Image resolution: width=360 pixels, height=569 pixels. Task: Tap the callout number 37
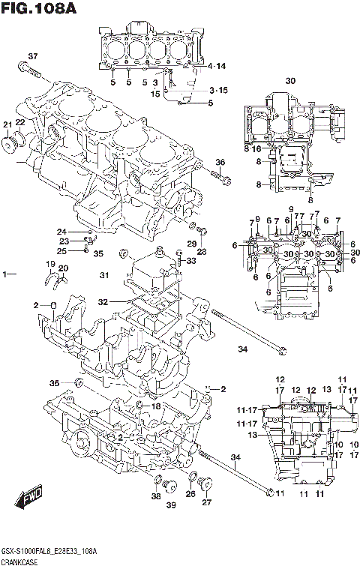[32, 57]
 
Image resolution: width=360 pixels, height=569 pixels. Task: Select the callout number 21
[7, 124]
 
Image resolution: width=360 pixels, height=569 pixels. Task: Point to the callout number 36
[220, 163]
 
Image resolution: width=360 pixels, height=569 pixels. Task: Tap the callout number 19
[50, 265]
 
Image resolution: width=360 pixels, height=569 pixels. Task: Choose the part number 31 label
[104, 276]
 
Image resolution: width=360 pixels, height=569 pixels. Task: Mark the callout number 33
[190, 261]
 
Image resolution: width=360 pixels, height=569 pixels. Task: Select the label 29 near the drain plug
[190, 244]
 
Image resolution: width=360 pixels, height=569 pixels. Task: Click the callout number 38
[155, 496]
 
